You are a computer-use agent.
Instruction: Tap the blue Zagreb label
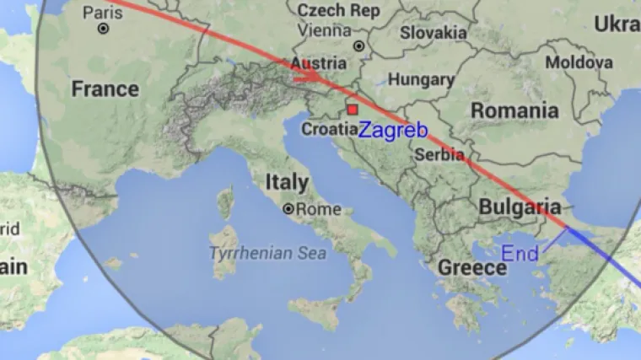[x=392, y=132]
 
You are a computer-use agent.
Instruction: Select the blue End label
[x=520, y=252]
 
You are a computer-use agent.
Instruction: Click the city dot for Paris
[x=103, y=29]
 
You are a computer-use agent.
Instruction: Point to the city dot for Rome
[x=289, y=208]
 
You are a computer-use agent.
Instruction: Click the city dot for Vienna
[x=358, y=46]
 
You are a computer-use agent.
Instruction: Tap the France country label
[x=105, y=89]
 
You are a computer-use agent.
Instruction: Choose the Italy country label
[x=287, y=181]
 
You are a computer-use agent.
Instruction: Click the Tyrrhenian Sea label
[x=261, y=253]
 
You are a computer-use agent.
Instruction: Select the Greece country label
[x=472, y=268]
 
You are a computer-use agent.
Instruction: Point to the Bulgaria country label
[x=520, y=207]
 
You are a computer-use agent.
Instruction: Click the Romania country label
[x=514, y=110]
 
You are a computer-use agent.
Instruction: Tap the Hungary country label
[x=421, y=80]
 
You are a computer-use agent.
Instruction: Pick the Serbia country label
[x=439, y=155]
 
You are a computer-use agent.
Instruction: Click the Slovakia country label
[x=434, y=33]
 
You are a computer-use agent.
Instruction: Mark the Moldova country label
[x=579, y=62]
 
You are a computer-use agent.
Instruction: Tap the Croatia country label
[x=330, y=130]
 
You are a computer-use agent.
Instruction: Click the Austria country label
[x=318, y=63]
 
